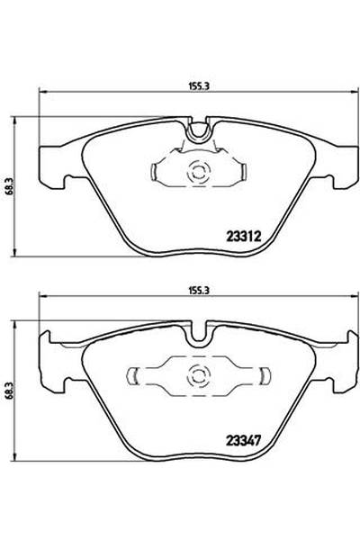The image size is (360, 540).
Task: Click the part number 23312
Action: [x=241, y=238]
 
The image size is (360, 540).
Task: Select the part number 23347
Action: [x=241, y=441]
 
